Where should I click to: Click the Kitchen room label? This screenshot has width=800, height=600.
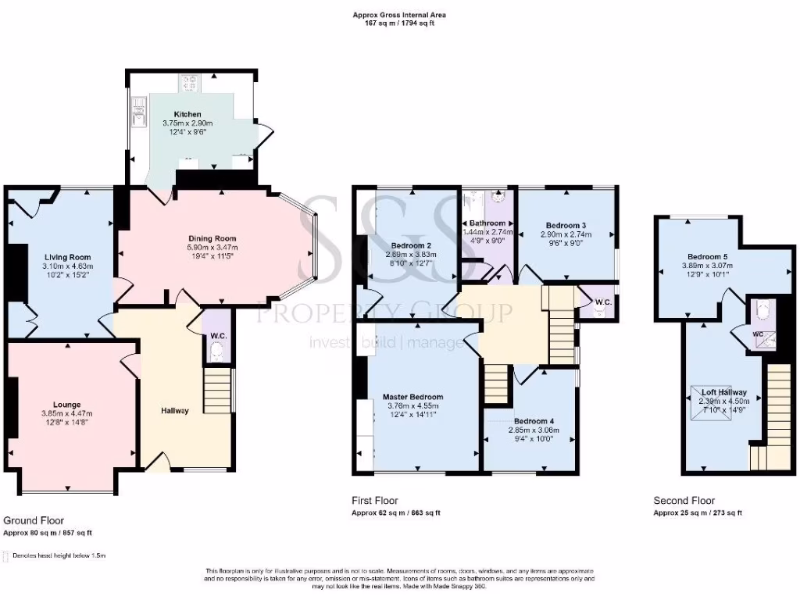187,114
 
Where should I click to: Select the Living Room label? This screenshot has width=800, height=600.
67,257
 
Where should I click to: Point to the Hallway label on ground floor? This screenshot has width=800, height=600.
175,411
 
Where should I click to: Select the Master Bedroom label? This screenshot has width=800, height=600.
412,397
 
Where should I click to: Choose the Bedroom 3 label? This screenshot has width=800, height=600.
566,224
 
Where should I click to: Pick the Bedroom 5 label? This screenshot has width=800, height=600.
707,256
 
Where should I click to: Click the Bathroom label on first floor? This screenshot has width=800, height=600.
487,223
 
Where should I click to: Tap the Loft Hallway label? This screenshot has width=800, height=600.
723,392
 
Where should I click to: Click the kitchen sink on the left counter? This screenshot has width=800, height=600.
139,113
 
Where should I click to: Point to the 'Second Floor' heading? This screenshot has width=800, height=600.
684,501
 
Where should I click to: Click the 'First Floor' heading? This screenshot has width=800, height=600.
375,501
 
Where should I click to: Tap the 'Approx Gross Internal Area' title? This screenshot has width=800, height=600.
399,15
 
